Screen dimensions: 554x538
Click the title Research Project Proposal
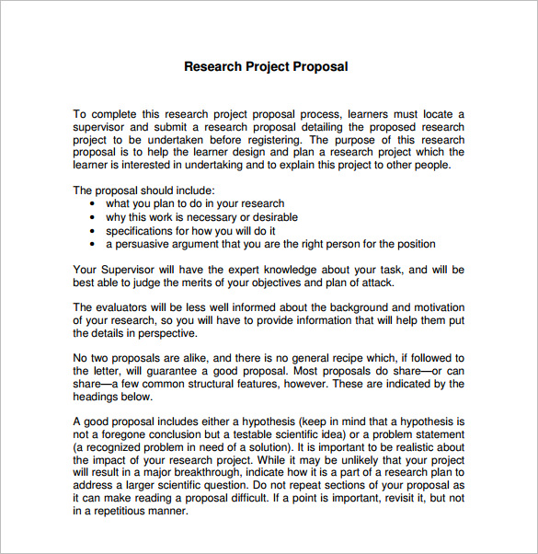pyautogui.click(x=266, y=67)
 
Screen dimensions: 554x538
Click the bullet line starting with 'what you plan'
pyautogui.click(x=195, y=203)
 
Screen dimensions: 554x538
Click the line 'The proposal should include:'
pyautogui.click(x=143, y=190)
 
